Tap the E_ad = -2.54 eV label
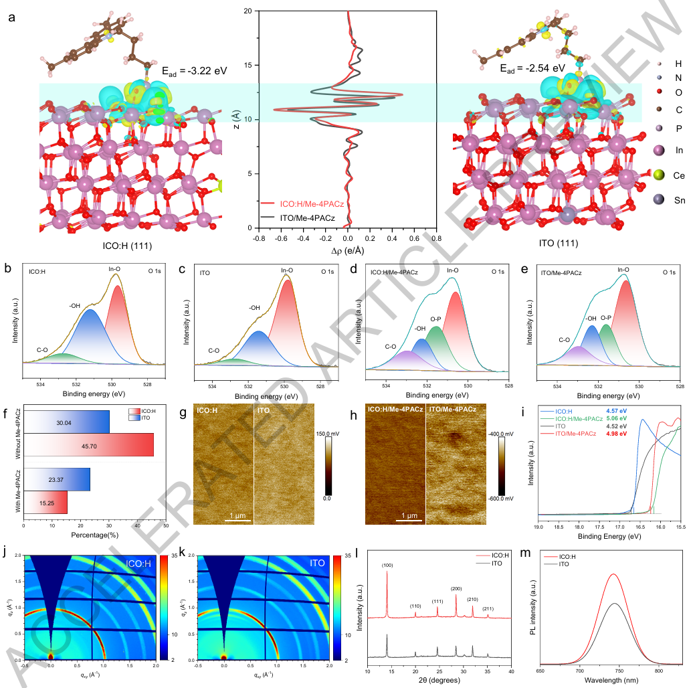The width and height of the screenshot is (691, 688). (532, 68)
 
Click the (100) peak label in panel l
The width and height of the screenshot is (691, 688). (387, 566)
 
